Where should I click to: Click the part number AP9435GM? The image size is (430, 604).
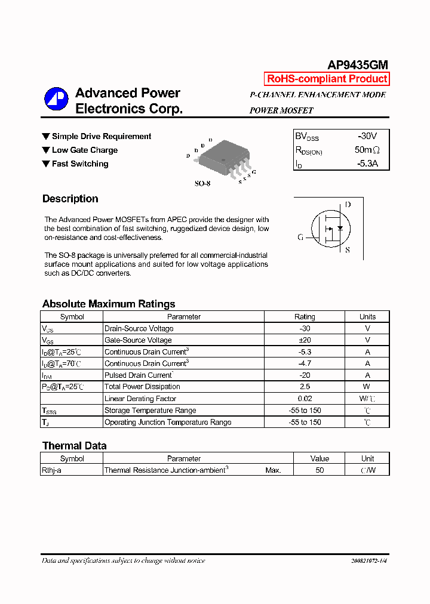point(358,65)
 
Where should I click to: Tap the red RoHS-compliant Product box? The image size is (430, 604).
point(327,79)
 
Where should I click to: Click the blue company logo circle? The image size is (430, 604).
point(56,99)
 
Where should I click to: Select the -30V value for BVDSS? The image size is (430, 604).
point(367,136)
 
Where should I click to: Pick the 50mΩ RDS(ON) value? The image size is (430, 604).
point(367,150)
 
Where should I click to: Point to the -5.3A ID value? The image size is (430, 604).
point(367,164)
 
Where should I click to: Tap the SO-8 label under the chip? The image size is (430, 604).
point(202,184)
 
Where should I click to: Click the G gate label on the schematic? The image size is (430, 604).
point(300,237)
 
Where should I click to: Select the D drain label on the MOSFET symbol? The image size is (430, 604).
point(348,205)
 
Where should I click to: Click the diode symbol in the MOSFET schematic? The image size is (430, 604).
point(340,228)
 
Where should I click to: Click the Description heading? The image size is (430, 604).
point(70,199)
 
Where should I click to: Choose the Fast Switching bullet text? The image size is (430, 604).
point(80,164)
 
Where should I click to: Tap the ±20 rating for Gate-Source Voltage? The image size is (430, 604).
point(305,340)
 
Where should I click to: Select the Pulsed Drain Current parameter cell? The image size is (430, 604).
point(139,375)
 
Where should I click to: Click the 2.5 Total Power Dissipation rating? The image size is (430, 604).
point(305,387)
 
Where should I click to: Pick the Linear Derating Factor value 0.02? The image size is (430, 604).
point(305,399)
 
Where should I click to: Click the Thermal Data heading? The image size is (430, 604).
point(74,446)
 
